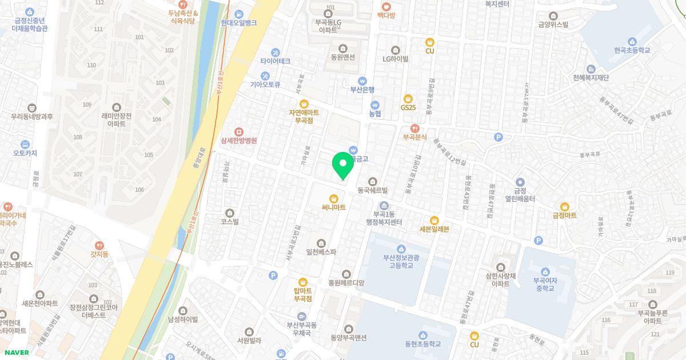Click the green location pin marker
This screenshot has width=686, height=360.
(343, 165)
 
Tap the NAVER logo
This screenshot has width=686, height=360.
(15, 353)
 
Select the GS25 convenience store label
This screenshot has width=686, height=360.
(408, 107)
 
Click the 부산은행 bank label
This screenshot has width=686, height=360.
(362, 89)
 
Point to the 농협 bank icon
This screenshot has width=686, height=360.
(375, 105)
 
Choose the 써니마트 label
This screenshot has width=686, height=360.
(333, 207)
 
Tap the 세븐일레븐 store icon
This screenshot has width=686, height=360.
(434, 220)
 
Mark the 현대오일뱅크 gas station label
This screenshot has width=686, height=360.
(238, 23)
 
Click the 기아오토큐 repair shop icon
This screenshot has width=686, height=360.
(265, 75)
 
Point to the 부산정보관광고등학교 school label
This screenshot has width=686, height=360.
(401, 261)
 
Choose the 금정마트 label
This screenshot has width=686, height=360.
(564, 215)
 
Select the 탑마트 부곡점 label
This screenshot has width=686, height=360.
(302, 294)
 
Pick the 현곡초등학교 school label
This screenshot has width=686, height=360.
(632, 50)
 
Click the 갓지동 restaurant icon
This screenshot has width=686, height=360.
(99, 245)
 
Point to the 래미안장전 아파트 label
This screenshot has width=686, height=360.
(117, 119)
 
